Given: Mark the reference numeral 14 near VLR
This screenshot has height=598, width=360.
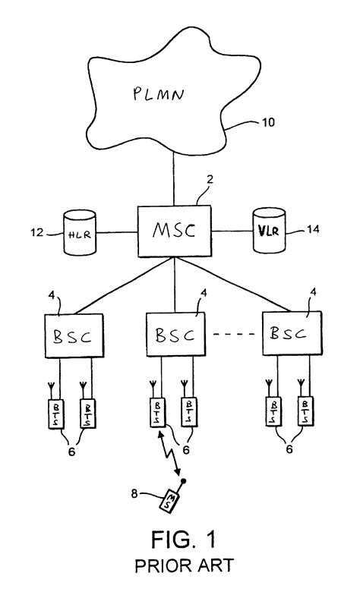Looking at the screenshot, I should point(314,228).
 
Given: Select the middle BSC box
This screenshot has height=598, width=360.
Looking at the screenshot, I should point(174,334).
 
